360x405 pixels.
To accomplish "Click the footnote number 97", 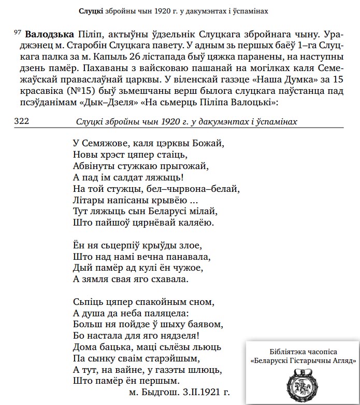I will tap(18, 33).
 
